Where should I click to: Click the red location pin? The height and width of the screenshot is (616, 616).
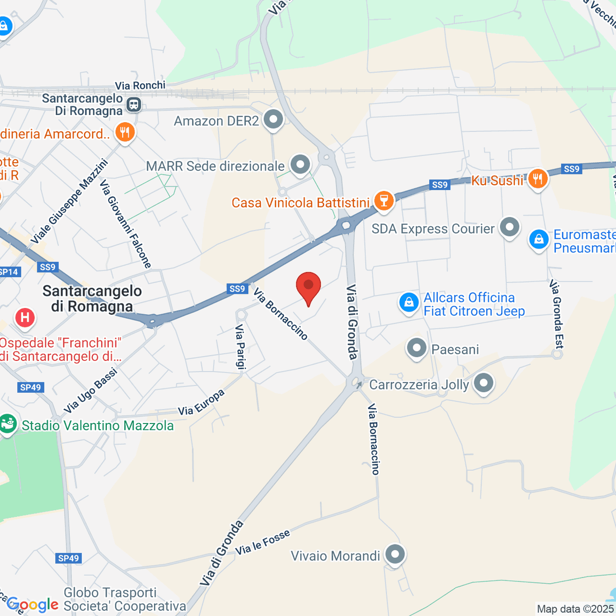(x=309, y=285)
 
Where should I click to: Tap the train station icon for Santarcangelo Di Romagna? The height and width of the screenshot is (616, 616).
(x=134, y=105)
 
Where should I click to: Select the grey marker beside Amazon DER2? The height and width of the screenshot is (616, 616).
(x=273, y=120)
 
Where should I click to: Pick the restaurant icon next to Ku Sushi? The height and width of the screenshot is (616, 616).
(x=537, y=178)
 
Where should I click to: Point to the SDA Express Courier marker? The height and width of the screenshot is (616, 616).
(x=509, y=227)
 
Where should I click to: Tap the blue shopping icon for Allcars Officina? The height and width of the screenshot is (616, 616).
(x=409, y=303)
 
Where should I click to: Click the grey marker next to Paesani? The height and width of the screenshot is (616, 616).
(x=416, y=348)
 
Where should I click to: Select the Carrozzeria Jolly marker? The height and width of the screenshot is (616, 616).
(x=483, y=383)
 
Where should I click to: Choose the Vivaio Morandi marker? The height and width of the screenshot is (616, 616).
(x=395, y=554)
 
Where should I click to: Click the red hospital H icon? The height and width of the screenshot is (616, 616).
(x=25, y=317)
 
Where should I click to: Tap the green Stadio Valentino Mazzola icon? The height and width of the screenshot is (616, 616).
(x=7, y=424)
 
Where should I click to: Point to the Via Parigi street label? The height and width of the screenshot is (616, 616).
(x=241, y=347)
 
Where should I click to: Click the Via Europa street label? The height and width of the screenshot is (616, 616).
(x=201, y=402)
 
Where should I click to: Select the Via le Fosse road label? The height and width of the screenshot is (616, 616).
(x=263, y=542)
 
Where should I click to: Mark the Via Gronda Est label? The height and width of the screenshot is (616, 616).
(x=556, y=314)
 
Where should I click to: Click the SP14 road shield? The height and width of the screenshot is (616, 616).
(x=9, y=272)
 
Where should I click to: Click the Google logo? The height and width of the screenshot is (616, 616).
(x=32, y=605)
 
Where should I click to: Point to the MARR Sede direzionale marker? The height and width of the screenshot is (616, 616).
(x=300, y=165)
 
